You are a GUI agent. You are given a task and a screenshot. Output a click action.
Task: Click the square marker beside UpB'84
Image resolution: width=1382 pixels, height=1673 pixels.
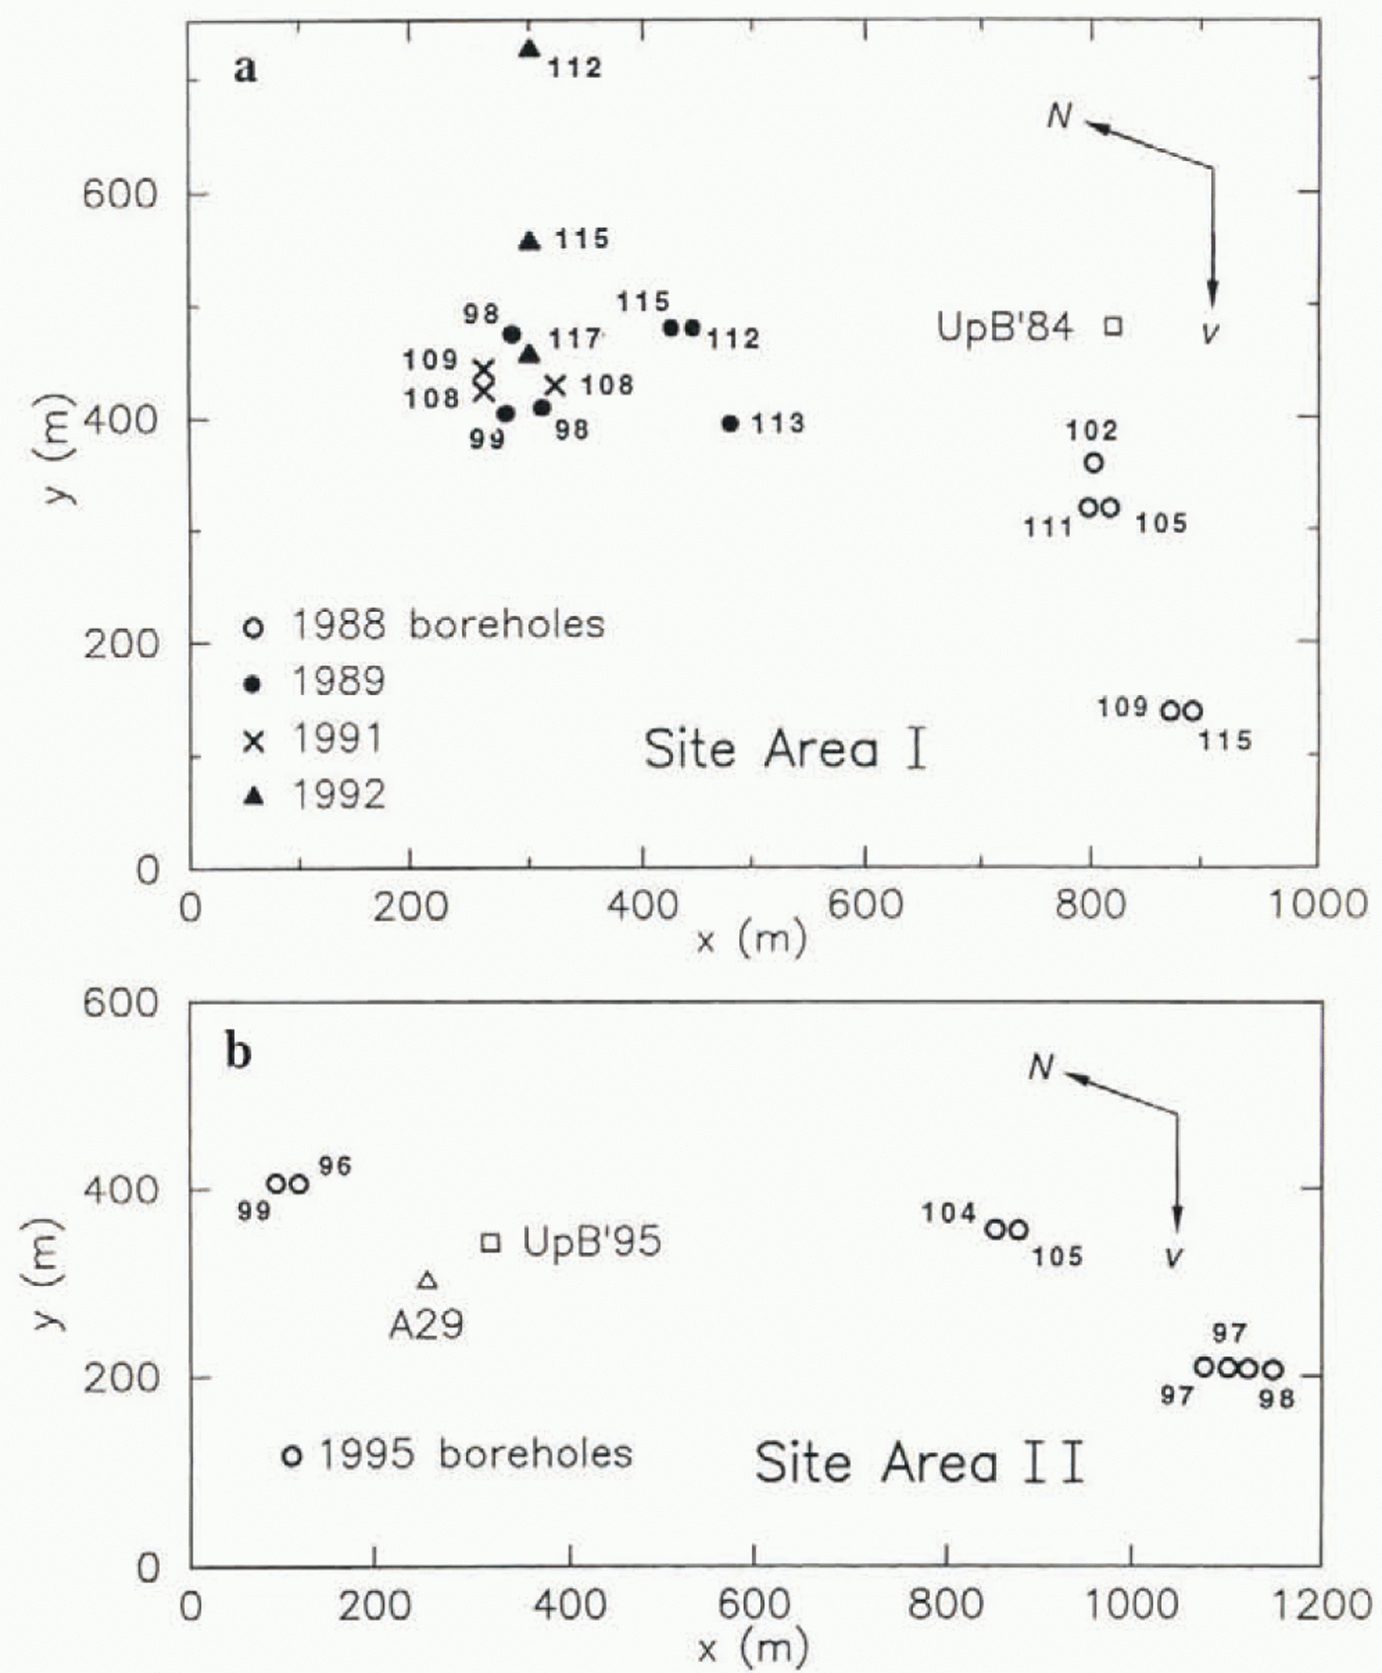pyautogui.click(x=1113, y=326)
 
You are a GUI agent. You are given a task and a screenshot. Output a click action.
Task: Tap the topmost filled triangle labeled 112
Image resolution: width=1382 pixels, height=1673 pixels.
pyautogui.click(x=530, y=48)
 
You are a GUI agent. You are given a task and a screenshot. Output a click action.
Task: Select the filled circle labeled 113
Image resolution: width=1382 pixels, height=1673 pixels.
pyautogui.click(x=730, y=423)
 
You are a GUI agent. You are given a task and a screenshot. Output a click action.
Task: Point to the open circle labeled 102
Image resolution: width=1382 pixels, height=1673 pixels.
pyautogui.click(x=1094, y=463)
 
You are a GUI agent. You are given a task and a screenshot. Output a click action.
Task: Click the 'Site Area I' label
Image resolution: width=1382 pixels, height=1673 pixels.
pyautogui.click(x=786, y=749)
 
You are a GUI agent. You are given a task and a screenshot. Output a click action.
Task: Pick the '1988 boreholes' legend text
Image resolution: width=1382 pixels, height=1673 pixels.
pyautogui.click(x=447, y=625)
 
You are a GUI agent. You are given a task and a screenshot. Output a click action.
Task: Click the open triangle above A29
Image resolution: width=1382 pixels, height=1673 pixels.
pyautogui.click(x=427, y=1280)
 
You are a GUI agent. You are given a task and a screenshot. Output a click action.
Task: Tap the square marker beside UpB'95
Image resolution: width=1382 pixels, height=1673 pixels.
pyautogui.click(x=491, y=1242)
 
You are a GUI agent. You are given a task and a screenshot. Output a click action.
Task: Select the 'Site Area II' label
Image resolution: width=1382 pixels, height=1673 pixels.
pyautogui.click(x=920, y=1462)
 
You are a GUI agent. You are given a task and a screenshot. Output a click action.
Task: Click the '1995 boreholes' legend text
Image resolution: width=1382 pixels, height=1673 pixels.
pyautogui.click(x=475, y=1454)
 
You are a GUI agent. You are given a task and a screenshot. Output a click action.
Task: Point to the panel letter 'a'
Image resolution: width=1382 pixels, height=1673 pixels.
pyautogui.click(x=246, y=69)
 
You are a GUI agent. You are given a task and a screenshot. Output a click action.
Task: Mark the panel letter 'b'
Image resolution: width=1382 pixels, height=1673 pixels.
pyautogui.click(x=238, y=1053)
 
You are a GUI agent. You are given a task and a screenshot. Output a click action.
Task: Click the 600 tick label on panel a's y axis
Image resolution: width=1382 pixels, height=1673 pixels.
pyautogui.click(x=119, y=193)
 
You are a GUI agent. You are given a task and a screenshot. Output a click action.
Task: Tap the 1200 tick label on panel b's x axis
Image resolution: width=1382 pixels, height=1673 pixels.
pyautogui.click(x=1321, y=1606)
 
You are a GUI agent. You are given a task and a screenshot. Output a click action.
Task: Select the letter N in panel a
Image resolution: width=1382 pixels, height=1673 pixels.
pyautogui.click(x=1059, y=116)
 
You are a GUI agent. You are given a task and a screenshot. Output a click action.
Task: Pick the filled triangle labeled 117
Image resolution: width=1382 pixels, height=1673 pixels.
pyautogui.click(x=530, y=353)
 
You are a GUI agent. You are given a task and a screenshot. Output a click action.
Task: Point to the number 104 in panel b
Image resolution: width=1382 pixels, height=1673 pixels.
pyautogui.click(x=949, y=1213)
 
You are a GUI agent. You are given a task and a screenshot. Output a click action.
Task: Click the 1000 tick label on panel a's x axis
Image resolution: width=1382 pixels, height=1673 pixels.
pyautogui.click(x=1317, y=905)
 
